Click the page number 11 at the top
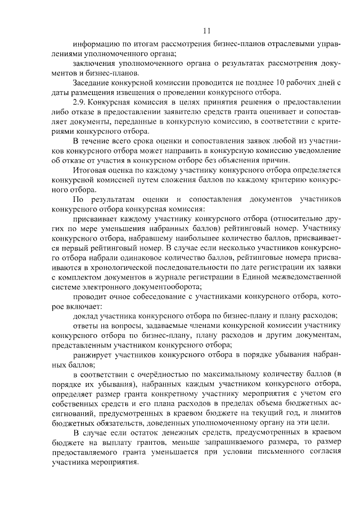(207, 29)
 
